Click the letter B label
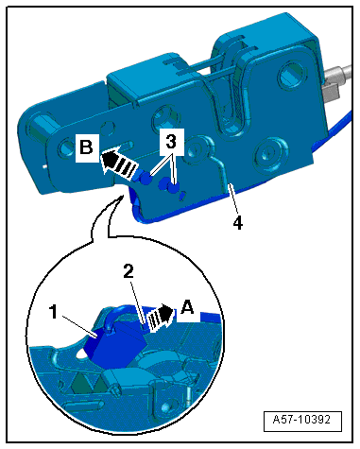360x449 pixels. (87, 147)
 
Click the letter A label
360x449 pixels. (188, 307)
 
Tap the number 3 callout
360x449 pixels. (171, 142)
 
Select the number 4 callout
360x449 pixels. (238, 223)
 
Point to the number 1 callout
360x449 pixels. (54, 312)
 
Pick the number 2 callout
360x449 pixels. (129, 271)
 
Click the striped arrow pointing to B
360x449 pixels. (120, 163)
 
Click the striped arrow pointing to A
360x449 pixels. (161, 318)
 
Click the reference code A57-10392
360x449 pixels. (302, 420)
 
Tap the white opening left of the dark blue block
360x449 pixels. (82, 354)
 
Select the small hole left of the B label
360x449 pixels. (66, 147)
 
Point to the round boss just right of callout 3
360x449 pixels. (195, 148)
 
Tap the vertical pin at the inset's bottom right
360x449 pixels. (188, 396)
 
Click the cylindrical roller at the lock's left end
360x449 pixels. (38, 130)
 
